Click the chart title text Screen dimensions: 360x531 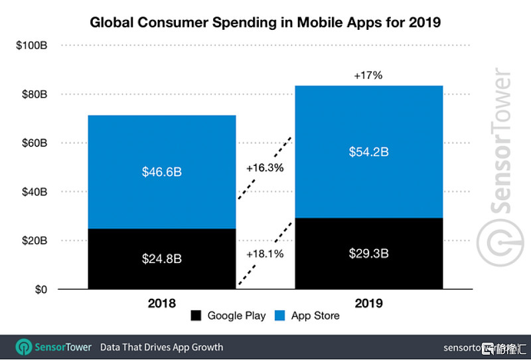tap(265, 23)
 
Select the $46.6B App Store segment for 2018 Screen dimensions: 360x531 tap(161, 172)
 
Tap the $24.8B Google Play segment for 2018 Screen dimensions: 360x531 tap(161, 259)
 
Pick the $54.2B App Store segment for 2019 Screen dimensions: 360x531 tap(368, 152)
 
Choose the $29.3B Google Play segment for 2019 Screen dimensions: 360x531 tap(368, 254)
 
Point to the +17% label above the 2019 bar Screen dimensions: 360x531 tap(368, 76)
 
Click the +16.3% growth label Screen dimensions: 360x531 tap(265, 168)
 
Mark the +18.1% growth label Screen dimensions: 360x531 tap(265, 254)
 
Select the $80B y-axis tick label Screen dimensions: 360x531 tap(33, 94)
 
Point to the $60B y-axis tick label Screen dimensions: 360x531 tap(33, 143)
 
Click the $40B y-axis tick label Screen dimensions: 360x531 tap(33, 192)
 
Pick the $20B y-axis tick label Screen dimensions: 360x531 tap(33, 240)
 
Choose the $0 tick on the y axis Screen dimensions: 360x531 tap(40, 290)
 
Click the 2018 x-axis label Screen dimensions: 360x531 tap(161, 304)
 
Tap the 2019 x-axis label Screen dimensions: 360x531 tap(368, 304)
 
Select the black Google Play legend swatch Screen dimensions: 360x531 tap(196, 316)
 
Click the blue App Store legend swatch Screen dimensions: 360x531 tap(279, 316)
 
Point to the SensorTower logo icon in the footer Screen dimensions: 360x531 tap(25, 347)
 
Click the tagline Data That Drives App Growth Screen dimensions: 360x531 tap(161, 347)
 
